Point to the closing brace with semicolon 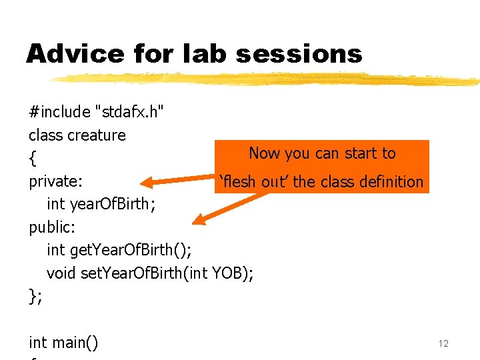(x=35, y=296)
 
